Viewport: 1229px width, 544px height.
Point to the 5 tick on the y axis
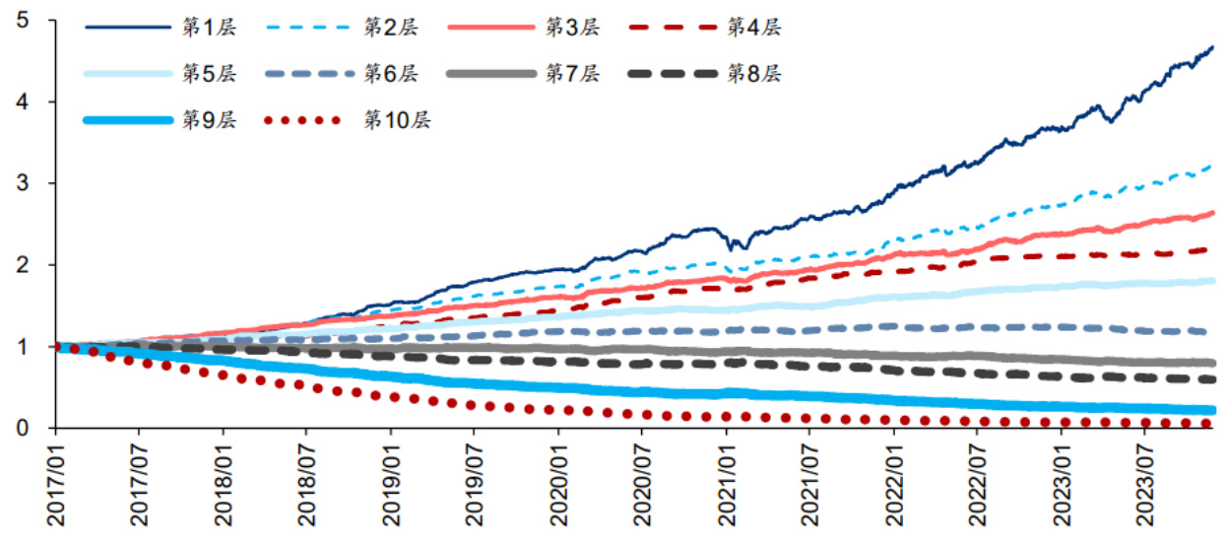click(x=23, y=20)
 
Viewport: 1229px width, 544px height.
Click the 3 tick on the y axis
click(x=23, y=183)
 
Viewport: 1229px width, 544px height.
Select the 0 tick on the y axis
click(x=23, y=428)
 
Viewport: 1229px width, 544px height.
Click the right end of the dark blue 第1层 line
click(x=1211, y=46)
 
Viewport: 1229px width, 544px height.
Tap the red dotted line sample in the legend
click(x=303, y=120)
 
